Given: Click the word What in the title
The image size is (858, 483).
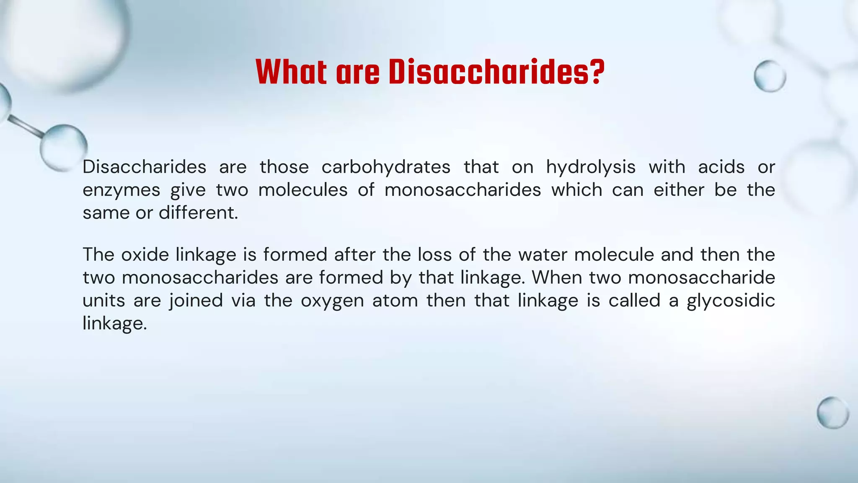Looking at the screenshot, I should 291,72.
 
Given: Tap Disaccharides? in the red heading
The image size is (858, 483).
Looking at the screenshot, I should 496,72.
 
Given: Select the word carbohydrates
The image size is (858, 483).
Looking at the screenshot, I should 386,167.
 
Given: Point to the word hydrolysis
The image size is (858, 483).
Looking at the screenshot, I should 591,167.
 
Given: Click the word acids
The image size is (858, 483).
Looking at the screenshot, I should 721,167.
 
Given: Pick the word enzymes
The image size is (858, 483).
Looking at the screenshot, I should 121,190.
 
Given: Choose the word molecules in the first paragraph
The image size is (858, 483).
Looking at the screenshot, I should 303,190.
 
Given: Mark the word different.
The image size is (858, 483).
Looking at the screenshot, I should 198,213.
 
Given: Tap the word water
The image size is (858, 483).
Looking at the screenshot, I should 543,255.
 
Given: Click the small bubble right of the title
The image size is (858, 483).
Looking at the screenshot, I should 770,76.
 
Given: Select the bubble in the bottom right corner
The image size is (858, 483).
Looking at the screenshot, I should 832,413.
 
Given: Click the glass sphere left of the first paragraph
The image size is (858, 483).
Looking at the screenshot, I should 64,147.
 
